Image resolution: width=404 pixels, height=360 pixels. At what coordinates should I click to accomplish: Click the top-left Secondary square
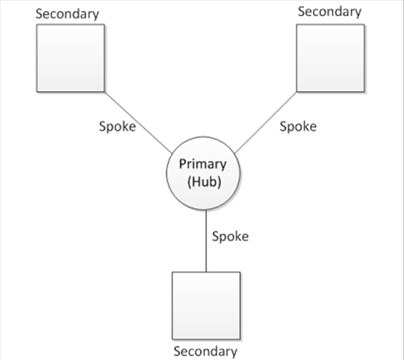[71, 58]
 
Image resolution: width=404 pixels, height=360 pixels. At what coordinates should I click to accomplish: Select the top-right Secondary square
[331, 58]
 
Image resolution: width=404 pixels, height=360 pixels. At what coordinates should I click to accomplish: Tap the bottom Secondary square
[206, 306]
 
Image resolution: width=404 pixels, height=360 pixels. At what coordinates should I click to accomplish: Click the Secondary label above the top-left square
[68, 14]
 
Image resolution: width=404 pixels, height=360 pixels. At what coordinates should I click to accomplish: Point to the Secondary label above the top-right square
[330, 12]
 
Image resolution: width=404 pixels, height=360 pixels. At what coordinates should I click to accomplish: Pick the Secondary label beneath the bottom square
[206, 352]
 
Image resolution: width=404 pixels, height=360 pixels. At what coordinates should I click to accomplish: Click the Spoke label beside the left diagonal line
[118, 126]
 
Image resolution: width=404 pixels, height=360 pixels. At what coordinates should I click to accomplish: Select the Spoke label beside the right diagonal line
[298, 126]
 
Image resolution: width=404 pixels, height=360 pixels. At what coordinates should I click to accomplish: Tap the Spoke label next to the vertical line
[231, 237]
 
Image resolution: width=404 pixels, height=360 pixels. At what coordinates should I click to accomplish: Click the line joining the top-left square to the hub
[138, 123]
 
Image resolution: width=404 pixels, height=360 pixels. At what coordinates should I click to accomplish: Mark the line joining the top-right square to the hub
[266, 123]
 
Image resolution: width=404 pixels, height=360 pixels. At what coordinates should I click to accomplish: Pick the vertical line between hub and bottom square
[206, 241]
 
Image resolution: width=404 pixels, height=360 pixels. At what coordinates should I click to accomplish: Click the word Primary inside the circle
[203, 165]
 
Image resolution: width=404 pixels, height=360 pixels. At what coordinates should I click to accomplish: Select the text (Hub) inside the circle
[204, 182]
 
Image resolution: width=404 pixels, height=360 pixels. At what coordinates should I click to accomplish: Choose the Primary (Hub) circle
[203, 173]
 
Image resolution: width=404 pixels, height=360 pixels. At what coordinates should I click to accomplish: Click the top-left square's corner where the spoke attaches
[104, 92]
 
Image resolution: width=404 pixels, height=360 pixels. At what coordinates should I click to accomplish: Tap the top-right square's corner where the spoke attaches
[297, 92]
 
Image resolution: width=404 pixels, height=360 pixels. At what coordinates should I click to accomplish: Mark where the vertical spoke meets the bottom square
[206, 272]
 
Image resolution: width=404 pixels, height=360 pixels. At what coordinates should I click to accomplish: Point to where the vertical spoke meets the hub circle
[206, 210]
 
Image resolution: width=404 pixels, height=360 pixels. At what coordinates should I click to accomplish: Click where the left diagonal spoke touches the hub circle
[172, 154]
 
